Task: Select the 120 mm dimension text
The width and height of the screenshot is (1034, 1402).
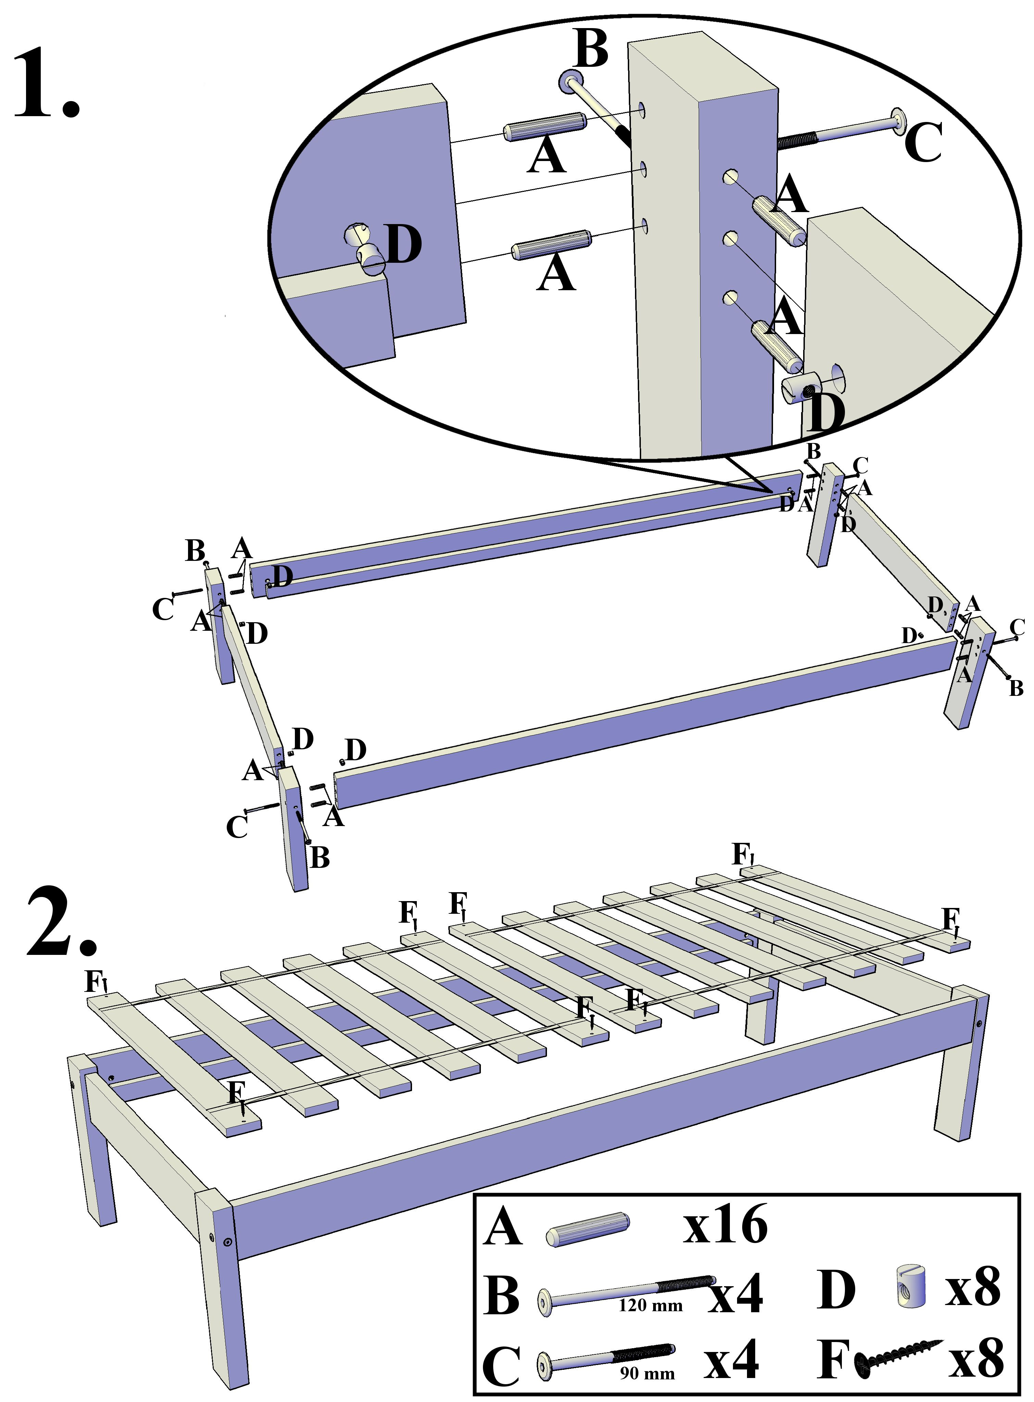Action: [650, 1306]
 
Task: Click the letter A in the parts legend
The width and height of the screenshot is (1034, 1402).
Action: [502, 1227]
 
